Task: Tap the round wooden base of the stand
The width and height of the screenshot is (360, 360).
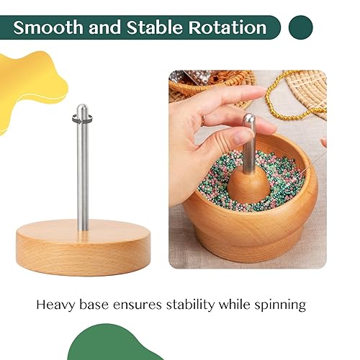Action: click(x=84, y=248)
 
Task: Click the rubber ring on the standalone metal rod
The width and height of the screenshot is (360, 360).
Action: click(x=83, y=120)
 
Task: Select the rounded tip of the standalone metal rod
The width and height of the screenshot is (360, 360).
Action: click(x=83, y=109)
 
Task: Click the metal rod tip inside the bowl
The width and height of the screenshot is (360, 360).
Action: click(x=248, y=120)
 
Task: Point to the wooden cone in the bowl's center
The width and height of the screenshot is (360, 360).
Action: click(x=248, y=184)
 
